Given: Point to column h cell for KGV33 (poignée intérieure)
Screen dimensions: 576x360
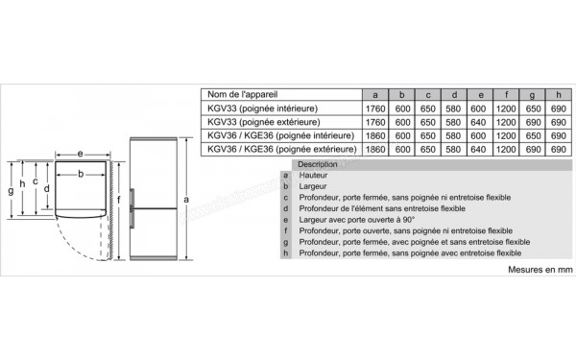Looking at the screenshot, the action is pos(558,108).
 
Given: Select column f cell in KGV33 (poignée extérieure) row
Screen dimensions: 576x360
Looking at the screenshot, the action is pos(505,122).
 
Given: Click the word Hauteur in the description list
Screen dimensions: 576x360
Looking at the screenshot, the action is pos(313,177).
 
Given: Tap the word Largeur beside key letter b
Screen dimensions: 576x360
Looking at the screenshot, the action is pos(313,188).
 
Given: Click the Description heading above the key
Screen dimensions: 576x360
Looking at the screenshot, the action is pos(318,165).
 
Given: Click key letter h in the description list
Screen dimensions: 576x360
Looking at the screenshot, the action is pos(286,253).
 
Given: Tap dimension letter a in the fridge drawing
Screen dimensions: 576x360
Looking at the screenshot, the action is pos(186,199).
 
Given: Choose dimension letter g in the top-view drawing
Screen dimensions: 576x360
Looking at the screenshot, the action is pos(10,191).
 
